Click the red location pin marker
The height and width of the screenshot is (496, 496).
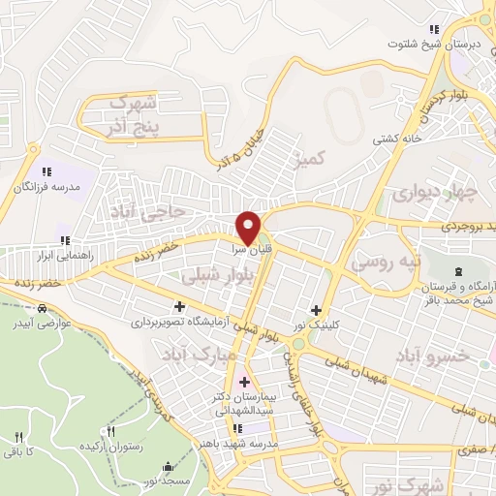(x=249, y=227)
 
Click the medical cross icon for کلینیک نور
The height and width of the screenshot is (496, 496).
(x=316, y=309)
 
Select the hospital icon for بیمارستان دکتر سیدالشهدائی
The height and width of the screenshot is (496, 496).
(x=244, y=382)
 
